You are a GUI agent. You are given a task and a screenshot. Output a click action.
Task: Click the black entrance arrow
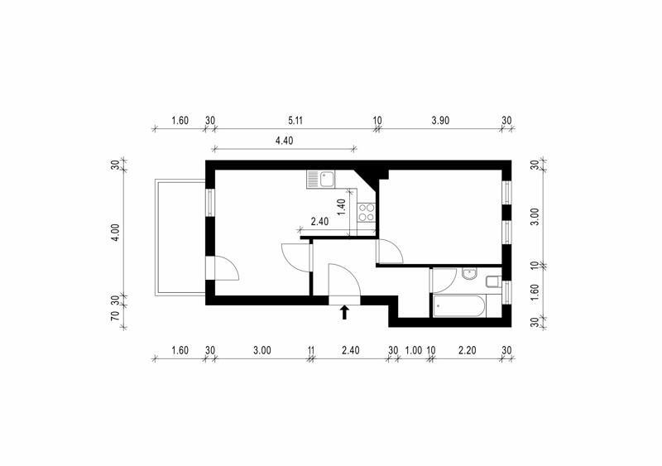pyautogui.click(x=344, y=312)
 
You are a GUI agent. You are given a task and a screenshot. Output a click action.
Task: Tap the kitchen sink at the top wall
pyautogui.click(x=321, y=179)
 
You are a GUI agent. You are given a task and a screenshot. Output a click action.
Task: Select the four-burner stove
pyautogui.click(x=366, y=213)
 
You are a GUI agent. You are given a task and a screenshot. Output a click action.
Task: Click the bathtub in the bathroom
pyautogui.click(x=458, y=305)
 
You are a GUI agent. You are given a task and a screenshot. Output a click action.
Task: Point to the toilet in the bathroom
pyautogui.click(x=493, y=281)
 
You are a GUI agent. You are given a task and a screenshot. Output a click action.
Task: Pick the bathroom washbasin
pyautogui.click(x=469, y=274)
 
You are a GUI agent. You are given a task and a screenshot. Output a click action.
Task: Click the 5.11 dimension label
pyautogui.click(x=295, y=120)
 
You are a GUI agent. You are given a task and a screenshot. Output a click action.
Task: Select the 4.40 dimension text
pyautogui.click(x=284, y=141)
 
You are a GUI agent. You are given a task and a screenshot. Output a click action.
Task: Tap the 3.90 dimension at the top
pyautogui.click(x=440, y=120)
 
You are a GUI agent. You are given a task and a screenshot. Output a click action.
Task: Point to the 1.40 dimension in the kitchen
pyautogui.click(x=342, y=207)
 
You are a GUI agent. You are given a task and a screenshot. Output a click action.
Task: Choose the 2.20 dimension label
pyautogui.click(x=468, y=350)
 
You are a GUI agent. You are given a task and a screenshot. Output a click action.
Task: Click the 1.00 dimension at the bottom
pyautogui.click(x=413, y=350)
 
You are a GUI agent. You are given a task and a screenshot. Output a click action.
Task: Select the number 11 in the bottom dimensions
pyautogui.click(x=311, y=350)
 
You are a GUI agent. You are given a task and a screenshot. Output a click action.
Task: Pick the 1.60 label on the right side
pyautogui.click(x=535, y=291)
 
